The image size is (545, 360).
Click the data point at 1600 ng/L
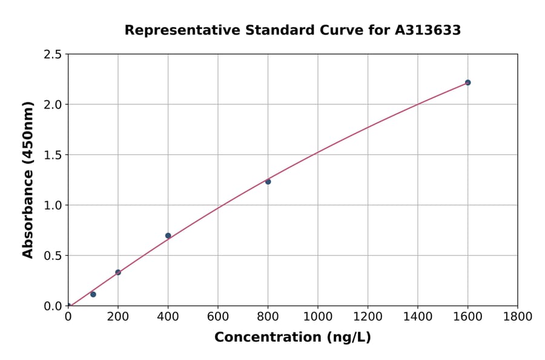(x=467, y=82)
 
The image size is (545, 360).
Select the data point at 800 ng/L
(x=268, y=182)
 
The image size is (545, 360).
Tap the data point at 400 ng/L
(x=168, y=236)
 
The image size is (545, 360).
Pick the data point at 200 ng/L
(x=118, y=272)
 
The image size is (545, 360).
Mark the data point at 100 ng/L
(x=93, y=295)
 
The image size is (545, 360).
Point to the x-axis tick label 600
(x=218, y=316)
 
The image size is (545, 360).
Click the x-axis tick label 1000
(x=318, y=316)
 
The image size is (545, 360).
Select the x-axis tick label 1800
(x=518, y=316)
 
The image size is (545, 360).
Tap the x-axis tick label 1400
(x=418, y=316)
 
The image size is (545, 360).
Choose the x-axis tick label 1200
(x=368, y=316)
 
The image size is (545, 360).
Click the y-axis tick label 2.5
(x=53, y=55)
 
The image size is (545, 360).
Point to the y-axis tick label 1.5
(x=53, y=155)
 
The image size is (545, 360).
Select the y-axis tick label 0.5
(x=53, y=256)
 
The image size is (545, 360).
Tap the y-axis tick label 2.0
(x=53, y=105)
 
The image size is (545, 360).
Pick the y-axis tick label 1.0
(x=53, y=205)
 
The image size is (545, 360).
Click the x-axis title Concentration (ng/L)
(x=292, y=338)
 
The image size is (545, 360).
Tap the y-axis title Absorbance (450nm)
(x=28, y=180)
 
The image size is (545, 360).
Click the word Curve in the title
(x=326, y=30)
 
